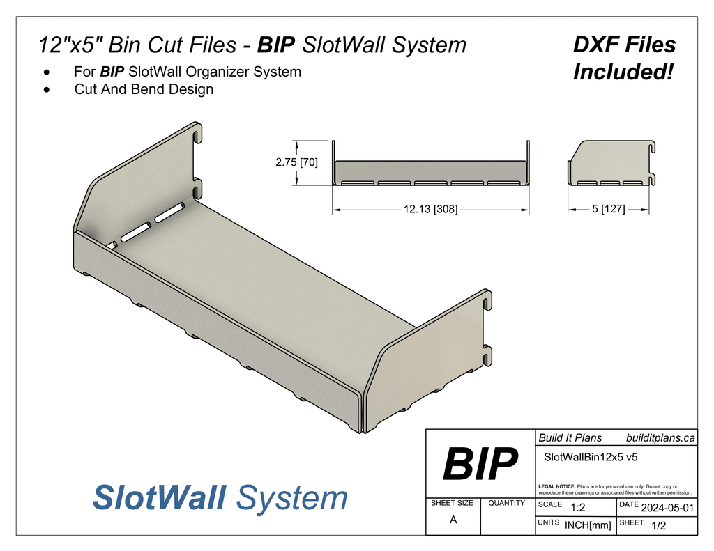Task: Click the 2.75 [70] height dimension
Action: pyautogui.click(x=296, y=162)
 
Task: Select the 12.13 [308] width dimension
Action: pyautogui.click(x=430, y=209)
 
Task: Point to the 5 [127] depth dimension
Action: pyautogui.click(x=608, y=209)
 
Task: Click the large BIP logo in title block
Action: pyautogui.click(x=480, y=464)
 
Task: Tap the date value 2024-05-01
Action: pyautogui.click(x=667, y=508)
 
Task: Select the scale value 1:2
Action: pyautogui.click(x=577, y=508)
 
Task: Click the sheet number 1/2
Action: pyautogui.click(x=658, y=526)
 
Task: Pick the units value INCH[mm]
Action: pyautogui.click(x=588, y=525)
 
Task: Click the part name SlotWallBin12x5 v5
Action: pyautogui.click(x=591, y=457)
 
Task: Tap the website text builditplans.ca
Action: pyautogui.click(x=660, y=437)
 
